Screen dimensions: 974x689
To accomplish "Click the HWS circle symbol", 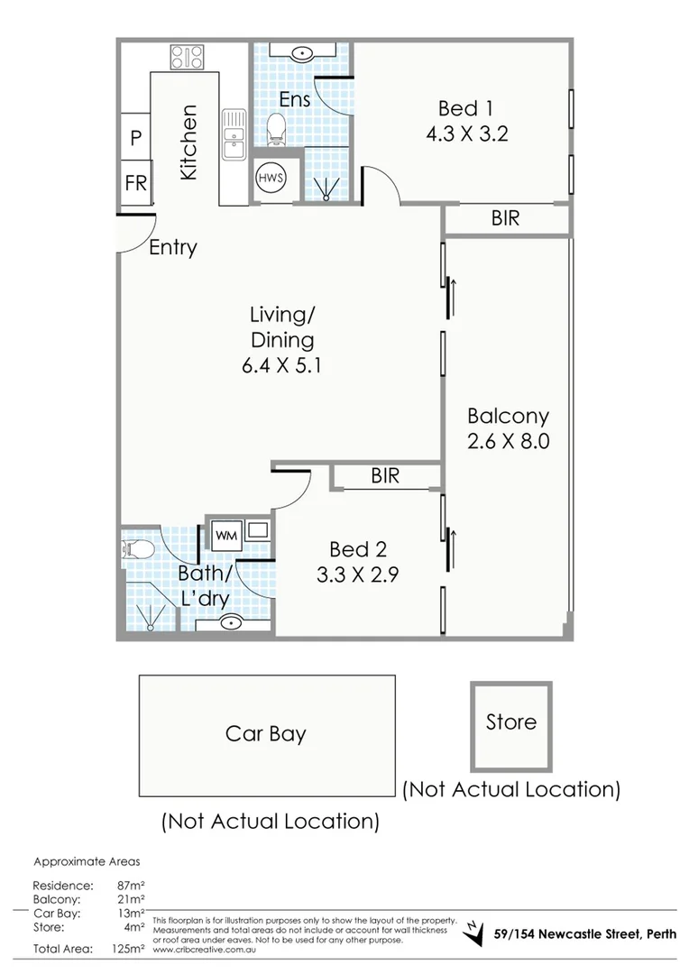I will [x=271, y=178].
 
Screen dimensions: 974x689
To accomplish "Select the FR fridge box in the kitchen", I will [x=135, y=183].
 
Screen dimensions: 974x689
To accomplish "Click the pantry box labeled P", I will [x=135, y=138].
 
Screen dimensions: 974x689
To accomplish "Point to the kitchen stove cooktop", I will [x=188, y=58].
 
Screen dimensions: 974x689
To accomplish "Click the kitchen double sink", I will [x=234, y=133].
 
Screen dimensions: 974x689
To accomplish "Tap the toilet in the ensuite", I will [x=279, y=128].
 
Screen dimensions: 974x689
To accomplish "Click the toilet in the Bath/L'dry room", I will [x=136, y=547].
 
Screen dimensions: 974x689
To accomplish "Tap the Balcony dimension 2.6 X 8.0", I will [x=509, y=442].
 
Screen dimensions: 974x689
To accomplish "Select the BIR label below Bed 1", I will [x=506, y=218].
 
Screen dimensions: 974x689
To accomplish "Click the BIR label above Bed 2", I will [x=385, y=476].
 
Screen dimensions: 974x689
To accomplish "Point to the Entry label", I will [x=173, y=247].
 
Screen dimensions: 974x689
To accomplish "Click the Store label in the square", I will [x=510, y=721].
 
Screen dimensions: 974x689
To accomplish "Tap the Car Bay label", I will [x=266, y=733].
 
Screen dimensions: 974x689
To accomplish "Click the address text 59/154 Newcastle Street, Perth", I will [x=584, y=933].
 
